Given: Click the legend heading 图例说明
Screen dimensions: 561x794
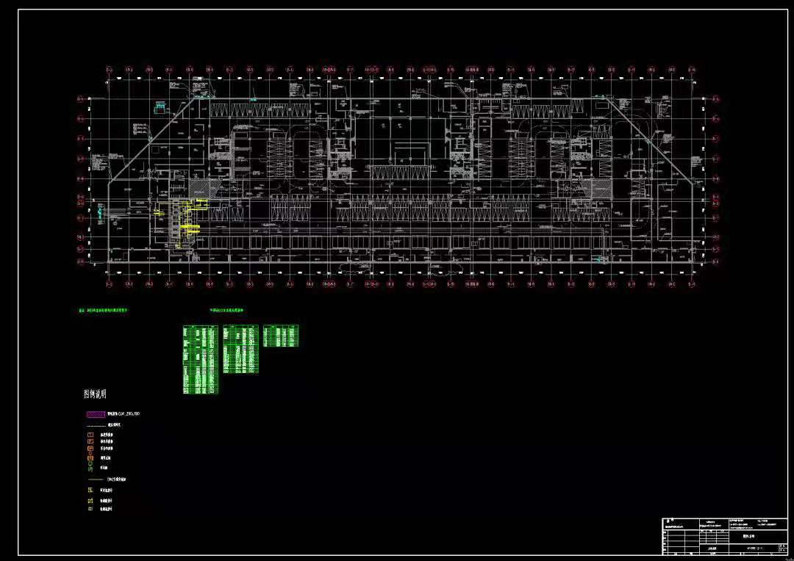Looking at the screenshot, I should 96,394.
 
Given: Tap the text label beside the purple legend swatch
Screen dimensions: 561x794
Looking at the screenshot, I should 124,415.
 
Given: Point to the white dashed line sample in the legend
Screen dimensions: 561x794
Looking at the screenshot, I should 95,425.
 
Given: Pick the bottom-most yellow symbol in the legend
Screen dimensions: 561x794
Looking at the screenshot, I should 90,508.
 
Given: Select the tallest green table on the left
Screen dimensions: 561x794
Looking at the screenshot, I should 201,360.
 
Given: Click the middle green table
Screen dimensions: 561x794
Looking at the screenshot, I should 240,350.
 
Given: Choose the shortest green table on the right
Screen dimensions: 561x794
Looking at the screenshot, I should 281,336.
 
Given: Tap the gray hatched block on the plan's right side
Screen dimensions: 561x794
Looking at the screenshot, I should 601,189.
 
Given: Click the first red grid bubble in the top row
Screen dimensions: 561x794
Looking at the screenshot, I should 108,70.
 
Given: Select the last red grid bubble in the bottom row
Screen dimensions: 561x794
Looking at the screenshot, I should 691,284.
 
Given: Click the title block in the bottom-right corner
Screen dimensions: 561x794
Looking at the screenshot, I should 723,536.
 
